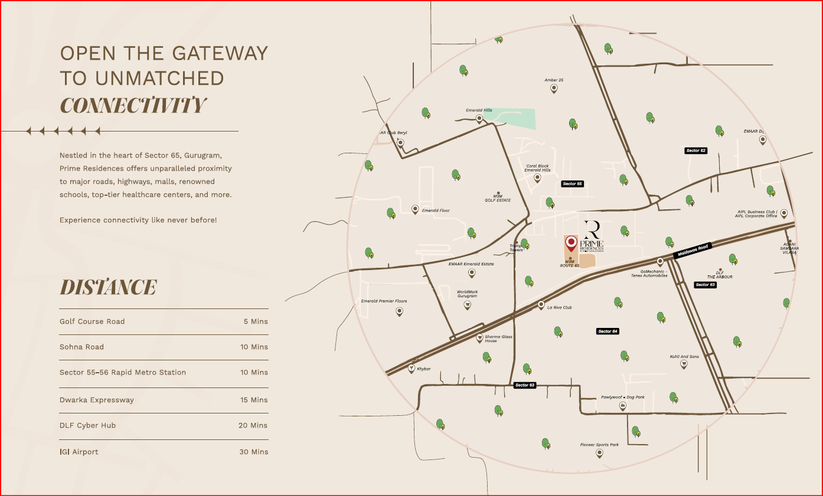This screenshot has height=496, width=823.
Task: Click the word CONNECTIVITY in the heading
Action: pyautogui.click(x=133, y=106)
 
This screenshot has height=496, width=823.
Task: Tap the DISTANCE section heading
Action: pyautogui.click(x=108, y=288)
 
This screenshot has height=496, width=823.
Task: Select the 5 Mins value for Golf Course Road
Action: pyautogui.click(x=256, y=321)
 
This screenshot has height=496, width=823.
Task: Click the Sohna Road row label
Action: pyautogui.click(x=81, y=347)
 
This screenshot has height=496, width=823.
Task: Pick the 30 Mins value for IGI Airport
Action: pyautogui.click(x=254, y=452)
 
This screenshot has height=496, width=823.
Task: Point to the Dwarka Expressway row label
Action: pyautogui.click(x=97, y=400)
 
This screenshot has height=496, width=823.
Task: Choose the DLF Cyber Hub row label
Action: pyautogui.click(x=87, y=425)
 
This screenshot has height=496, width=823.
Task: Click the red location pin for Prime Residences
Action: pyautogui.click(x=571, y=243)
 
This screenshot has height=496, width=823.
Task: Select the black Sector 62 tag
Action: pyautogui.click(x=695, y=150)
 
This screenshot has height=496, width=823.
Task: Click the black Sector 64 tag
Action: pyautogui.click(x=608, y=331)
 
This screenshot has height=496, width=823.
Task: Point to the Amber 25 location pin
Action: pyautogui.click(x=554, y=88)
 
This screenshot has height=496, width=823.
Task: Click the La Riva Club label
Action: pyautogui.click(x=559, y=307)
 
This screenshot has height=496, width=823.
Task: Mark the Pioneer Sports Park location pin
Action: pyautogui.click(x=599, y=453)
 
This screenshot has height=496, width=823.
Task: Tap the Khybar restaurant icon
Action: pyautogui.click(x=411, y=369)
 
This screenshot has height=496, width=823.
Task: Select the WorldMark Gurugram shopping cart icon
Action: pyautogui.click(x=467, y=305)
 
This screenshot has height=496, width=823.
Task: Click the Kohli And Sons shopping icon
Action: pyautogui.click(x=684, y=364)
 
